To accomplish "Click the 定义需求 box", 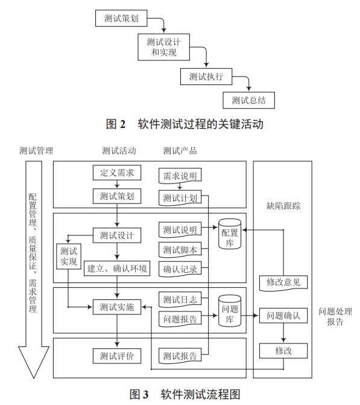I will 117,173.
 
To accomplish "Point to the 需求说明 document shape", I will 180,176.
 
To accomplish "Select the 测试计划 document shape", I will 180,197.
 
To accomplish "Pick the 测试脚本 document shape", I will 180,249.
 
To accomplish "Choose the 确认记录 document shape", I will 180,269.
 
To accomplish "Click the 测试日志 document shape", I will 180,299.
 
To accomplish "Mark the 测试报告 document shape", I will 180,356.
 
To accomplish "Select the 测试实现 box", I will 68,257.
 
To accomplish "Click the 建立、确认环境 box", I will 117,268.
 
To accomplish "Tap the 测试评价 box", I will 117,356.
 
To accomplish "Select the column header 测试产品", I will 180,150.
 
